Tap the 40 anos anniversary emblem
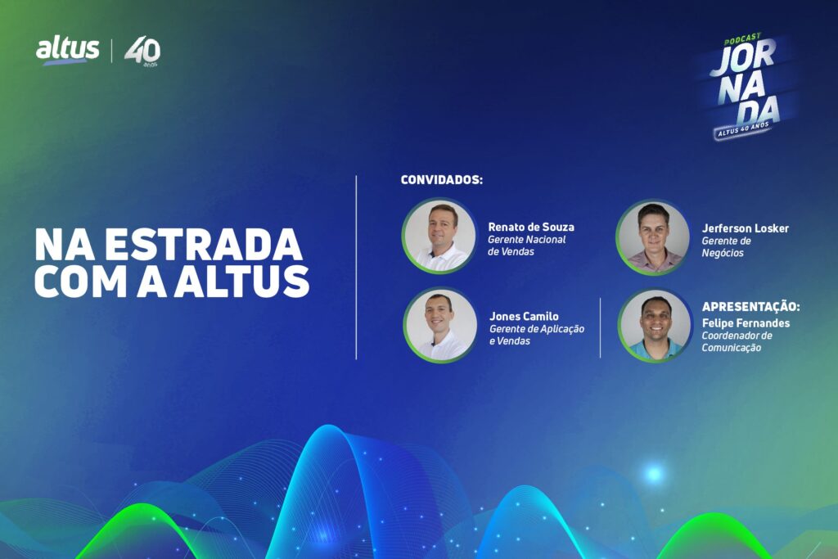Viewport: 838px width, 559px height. click(142, 52)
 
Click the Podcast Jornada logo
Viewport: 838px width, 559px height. click(745, 85)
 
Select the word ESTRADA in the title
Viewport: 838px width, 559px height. click(203, 245)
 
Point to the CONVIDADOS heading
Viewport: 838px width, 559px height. click(441, 179)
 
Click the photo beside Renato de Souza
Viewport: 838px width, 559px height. click(439, 236)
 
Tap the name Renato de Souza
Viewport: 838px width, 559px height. click(530, 227)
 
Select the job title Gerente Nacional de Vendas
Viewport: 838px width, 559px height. click(526, 246)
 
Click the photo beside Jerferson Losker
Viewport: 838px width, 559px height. click(653, 237)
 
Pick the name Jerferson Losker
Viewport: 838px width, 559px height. click(745, 228)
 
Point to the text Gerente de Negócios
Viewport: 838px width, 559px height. click(726, 247)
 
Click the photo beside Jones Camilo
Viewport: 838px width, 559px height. click(440, 325)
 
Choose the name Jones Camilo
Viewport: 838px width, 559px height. click(524, 316)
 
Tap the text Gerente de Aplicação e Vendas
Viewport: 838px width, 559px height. click(537, 335)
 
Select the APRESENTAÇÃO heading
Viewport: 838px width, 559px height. click(751, 307)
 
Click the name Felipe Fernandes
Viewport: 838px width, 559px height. click(746, 322)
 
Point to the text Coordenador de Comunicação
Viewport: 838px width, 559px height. click(737, 341)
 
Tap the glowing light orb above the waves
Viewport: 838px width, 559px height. click(653, 474)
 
